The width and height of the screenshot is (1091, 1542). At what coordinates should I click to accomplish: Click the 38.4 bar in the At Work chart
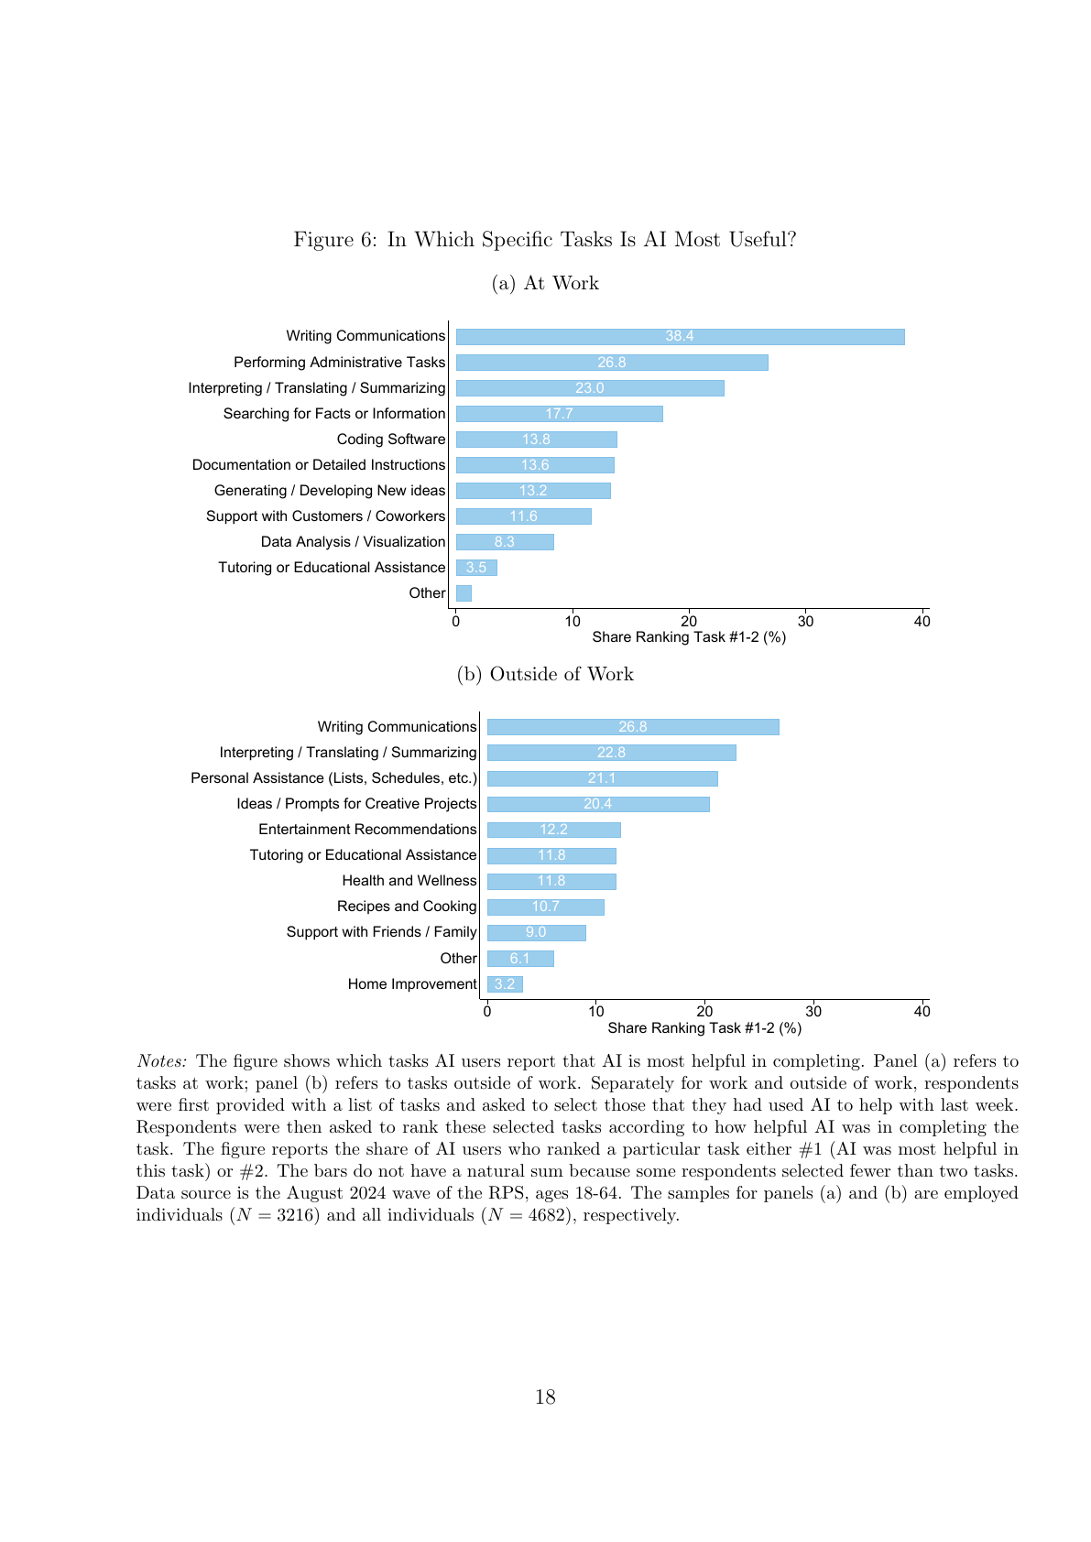tap(680, 337)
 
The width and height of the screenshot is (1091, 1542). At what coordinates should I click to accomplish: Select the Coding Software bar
tap(537, 440)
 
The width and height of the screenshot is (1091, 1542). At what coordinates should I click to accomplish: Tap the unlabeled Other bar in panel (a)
tap(464, 592)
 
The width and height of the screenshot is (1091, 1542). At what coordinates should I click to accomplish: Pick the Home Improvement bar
tap(505, 984)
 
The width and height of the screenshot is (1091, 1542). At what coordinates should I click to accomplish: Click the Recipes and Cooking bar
tap(546, 907)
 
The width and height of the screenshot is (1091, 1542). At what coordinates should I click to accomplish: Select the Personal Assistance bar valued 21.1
tap(603, 778)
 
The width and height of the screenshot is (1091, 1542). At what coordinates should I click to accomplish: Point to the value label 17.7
tap(559, 414)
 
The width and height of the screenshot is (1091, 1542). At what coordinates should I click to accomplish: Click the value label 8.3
tap(504, 542)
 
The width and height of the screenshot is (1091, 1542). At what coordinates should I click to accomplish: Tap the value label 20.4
tap(597, 804)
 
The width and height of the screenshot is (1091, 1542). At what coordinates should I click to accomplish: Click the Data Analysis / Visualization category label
tap(353, 542)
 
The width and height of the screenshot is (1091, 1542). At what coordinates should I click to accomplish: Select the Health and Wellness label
tap(409, 881)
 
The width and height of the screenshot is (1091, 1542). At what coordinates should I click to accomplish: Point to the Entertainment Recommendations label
tap(367, 830)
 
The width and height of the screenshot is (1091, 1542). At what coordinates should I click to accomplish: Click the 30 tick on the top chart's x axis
tap(805, 621)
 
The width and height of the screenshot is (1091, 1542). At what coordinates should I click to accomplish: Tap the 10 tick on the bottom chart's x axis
tap(595, 1011)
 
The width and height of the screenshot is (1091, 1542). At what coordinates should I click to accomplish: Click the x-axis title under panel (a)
tap(689, 637)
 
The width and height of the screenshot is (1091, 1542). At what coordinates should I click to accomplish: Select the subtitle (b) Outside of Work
tap(545, 674)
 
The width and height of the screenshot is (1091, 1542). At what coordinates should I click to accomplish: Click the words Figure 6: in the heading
tap(335, 240)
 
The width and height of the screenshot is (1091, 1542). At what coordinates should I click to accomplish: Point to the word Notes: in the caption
tap(162, 1061)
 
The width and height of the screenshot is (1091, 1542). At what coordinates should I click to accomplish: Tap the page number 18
tap(546, 1396)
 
